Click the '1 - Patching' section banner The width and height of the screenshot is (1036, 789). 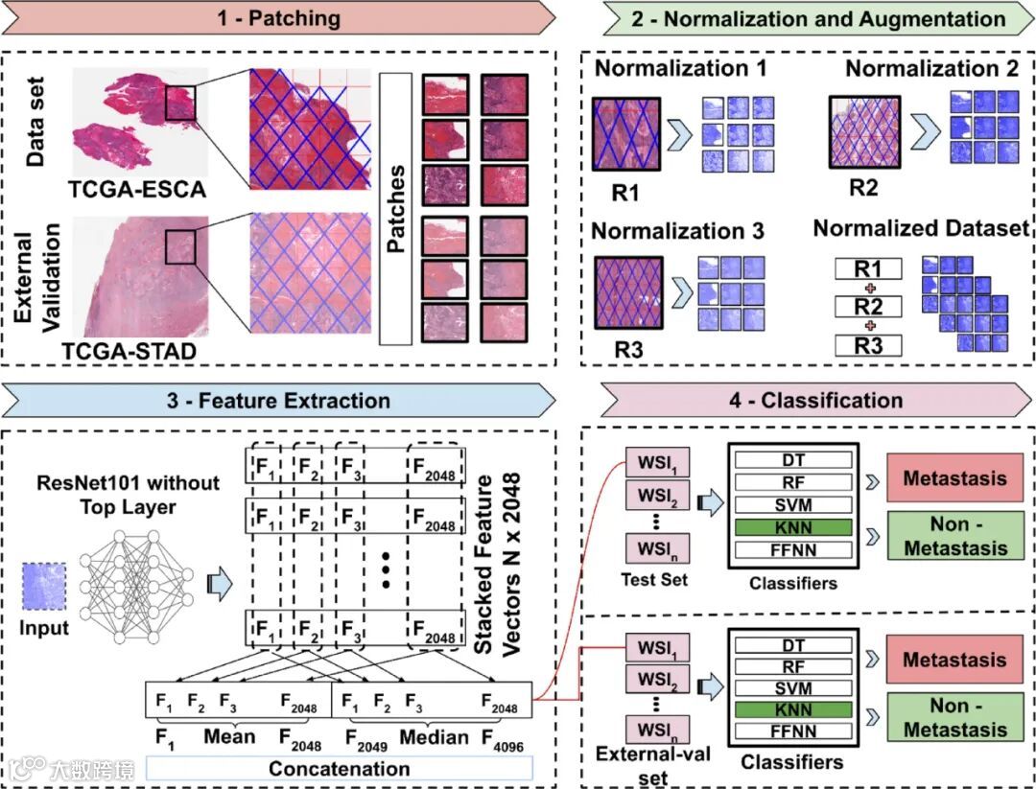[x=278, y=18]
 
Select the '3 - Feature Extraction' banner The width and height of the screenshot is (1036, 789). [x=278, y=400]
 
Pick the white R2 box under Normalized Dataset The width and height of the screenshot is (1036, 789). [x=867, y=306]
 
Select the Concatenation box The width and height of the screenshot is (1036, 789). [x=339, y=769]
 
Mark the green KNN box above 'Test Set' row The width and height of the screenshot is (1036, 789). [x=793, y=527]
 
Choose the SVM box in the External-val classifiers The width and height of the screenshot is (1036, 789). [x=793, y=688]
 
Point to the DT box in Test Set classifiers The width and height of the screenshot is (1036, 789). [x=793, y=461]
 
